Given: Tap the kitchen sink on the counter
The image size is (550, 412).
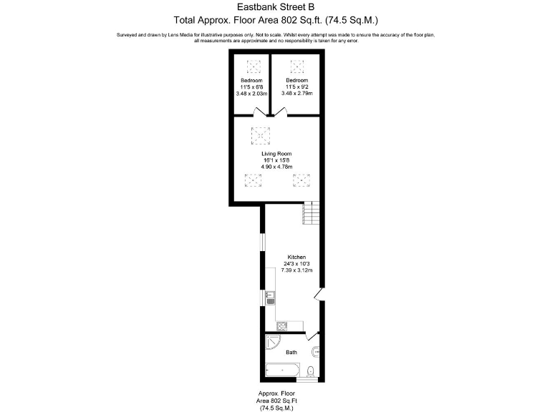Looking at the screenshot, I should tap(271, 298).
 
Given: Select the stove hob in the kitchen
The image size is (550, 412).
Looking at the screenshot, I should tap(282, 326).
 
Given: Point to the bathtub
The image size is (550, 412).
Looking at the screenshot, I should tap(283, 370).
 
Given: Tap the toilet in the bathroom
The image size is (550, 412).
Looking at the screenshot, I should tap(309, 371).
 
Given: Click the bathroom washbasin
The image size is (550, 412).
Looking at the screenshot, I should tap(316, 350).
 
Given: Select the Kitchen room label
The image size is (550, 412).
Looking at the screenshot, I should tap(296, 257).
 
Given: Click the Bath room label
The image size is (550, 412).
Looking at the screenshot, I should tap(291, 353).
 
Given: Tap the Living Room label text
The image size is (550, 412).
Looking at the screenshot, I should tap(276, 154).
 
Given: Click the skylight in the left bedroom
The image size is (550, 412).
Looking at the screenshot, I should tap(253, 67).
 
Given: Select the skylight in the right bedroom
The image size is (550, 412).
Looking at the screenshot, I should tap(296, 67).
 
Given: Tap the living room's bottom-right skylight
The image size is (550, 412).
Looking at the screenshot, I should tap(301, 180).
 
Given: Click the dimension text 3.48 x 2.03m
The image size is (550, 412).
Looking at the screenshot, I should tap(251, 94).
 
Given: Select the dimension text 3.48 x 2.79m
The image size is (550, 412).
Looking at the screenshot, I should tap(297, 94).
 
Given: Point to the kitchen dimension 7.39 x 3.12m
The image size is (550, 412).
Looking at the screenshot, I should tap(296, 271).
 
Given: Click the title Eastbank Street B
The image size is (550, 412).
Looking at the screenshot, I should tap(275, 8).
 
